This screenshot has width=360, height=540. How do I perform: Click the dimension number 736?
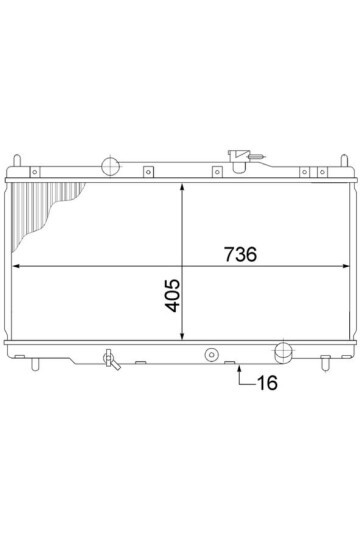click(x=240, y=254)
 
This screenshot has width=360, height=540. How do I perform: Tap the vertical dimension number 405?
click(x=172, y=295)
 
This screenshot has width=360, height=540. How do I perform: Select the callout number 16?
click(x=267, y=383)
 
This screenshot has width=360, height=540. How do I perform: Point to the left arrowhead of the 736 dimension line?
click(x=15, y=266)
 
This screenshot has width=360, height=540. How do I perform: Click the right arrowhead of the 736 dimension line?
click(x=346, y=266)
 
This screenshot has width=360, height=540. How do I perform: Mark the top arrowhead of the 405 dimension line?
click(x=182, y=187)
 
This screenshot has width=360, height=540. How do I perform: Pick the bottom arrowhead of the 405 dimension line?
click(x=182, y=336)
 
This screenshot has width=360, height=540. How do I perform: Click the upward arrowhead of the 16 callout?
click(x=239, y=368)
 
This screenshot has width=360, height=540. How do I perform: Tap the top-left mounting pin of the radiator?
click(x=17, y=160)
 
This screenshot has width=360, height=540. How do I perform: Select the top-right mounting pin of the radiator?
click(x=344, y=160)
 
